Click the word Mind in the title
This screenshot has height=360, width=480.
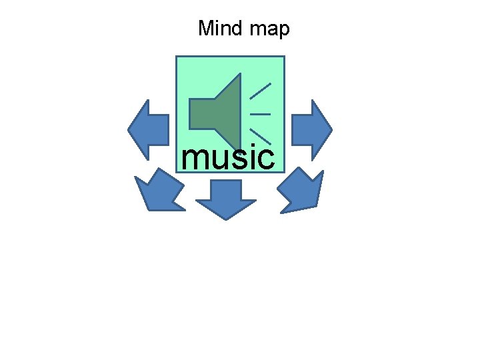219,29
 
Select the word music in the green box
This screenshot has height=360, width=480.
227,158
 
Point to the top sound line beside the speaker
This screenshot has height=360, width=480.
260,91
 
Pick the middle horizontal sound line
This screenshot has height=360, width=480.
260,114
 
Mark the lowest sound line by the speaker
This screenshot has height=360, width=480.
260,135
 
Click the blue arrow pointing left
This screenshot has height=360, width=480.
149,129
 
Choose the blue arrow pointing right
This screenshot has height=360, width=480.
311,129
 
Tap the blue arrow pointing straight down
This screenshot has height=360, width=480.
226,199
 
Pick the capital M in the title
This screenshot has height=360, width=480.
205,29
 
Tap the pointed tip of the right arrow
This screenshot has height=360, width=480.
330,129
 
